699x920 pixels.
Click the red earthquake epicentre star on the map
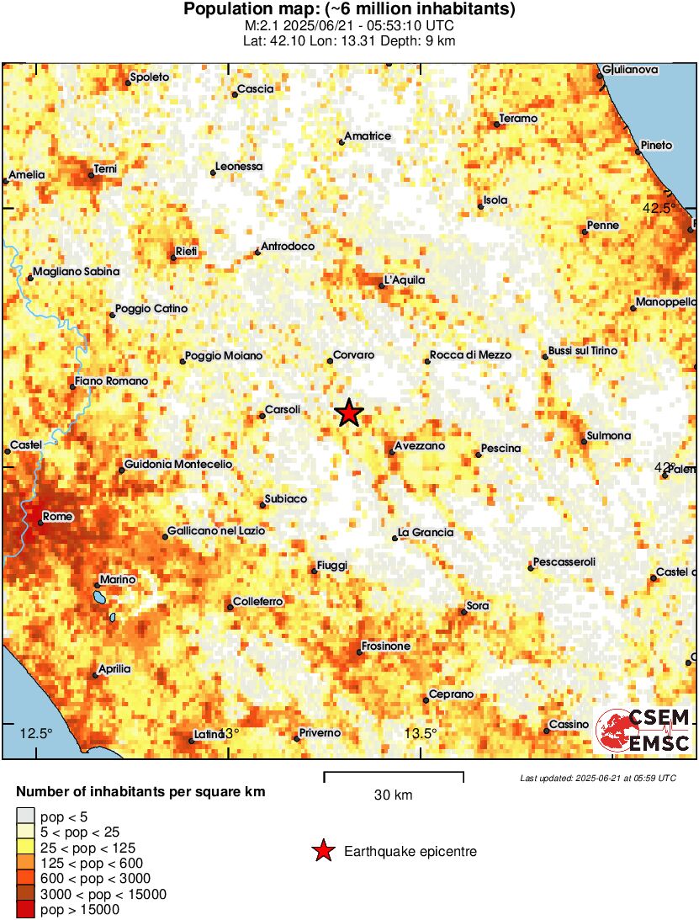[x=348, y=413]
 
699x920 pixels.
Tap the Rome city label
[x=57, y=517]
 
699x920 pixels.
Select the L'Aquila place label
[x=405, y=280]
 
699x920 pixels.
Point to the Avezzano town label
[x=420, y=446]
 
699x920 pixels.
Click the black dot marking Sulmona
[x=584, y=441]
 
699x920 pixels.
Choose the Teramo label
[x=518, y=119]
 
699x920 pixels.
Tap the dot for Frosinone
[x=359, y=652]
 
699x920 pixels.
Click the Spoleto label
[x=149, y=77]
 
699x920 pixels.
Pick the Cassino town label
[x=569, y=725]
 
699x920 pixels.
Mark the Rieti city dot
[x=173, y=257]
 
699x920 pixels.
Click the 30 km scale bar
[x=394, y=773]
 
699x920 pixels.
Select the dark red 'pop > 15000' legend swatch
[x=26, y=909]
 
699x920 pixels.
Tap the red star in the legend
[x=322, y=852]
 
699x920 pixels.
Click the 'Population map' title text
[x=349, y=10]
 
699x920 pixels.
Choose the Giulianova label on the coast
[x=630, y=70]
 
